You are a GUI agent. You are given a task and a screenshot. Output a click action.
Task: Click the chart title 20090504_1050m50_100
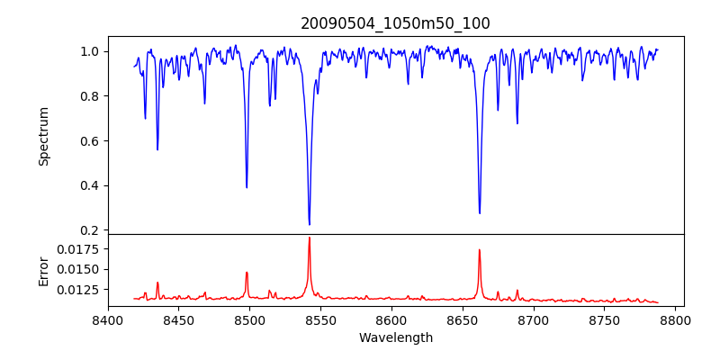[x=396, y=23]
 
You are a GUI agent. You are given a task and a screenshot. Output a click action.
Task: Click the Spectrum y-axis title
[x=43, y=136]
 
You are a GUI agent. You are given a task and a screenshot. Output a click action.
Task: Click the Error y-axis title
[x=43, y=271]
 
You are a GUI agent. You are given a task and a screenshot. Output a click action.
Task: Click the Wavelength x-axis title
[x=396, y=338]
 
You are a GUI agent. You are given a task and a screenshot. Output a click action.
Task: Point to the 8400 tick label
[x=108, y=319]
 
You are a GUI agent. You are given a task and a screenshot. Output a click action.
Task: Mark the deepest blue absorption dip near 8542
[x=310, y=224]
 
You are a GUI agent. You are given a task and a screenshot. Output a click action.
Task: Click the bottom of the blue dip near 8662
[x=480, y=213]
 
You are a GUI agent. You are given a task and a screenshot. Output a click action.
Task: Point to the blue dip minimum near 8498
[x=247, y=187]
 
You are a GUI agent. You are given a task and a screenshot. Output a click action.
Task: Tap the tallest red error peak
[x=310, y=238]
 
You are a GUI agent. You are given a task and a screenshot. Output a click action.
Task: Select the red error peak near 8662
[x=480, y=250]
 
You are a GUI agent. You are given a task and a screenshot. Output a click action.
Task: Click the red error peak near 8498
[x=247, y=272]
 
